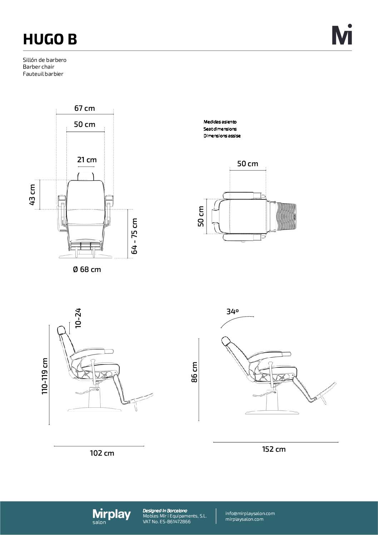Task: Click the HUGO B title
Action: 50,39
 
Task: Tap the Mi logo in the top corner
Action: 342,34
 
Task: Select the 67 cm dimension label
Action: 85,108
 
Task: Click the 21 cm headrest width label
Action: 87,159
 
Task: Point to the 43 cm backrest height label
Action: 32,194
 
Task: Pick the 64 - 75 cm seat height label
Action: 134,236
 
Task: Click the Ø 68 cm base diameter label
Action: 87,269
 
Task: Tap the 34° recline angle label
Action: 233,311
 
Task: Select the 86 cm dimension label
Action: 194,372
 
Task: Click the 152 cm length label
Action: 274,449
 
